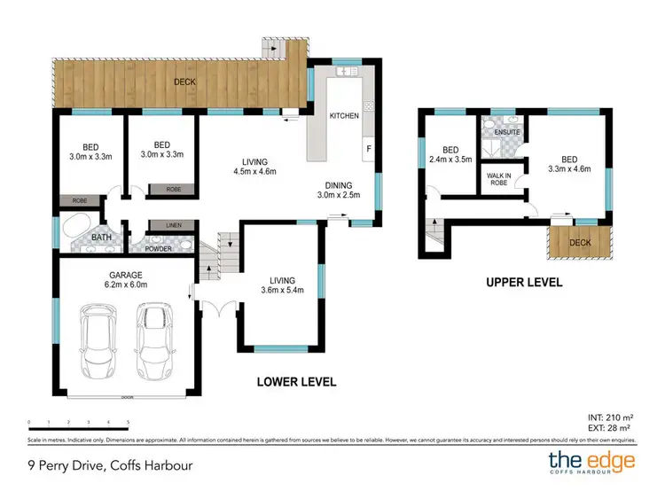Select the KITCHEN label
(344, 116)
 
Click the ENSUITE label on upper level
(507, 133)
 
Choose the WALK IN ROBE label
(498, 180)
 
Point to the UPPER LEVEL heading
(524, 283)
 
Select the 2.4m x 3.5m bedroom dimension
(450, 160)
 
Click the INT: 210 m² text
(609, 416)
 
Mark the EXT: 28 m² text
(609, 427)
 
